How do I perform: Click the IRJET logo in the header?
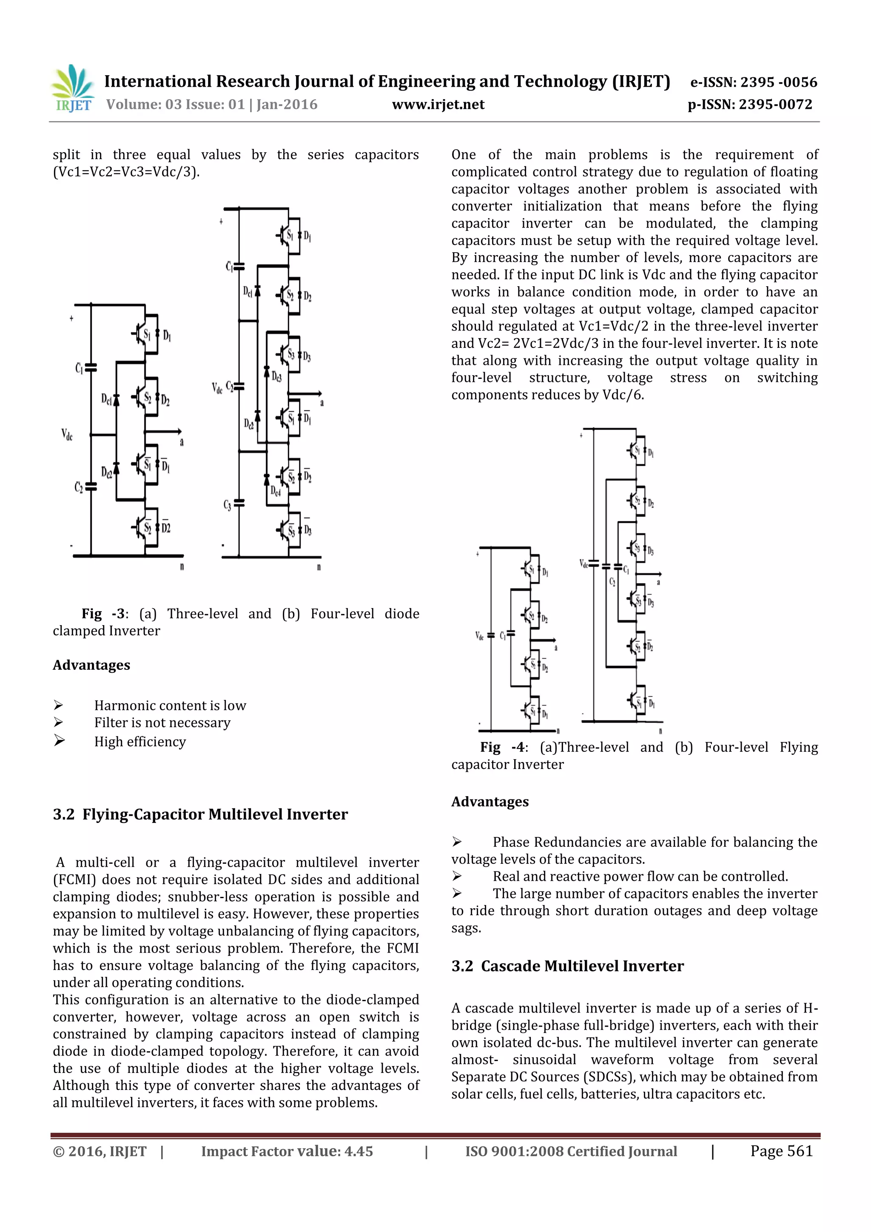tap(72, 88)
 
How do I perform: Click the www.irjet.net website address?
tap(438, 105)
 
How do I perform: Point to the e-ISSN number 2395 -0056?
tap(754, 82)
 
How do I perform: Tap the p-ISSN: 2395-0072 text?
tap(750, 105)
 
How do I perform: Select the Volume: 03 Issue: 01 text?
tap(175, 105)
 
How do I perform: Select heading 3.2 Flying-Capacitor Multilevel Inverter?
tap(200, 814)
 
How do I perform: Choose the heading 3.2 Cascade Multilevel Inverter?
tap(567, 966)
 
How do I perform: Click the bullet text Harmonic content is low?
tap(170, 706)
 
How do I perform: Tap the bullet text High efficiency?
tap(140, 742)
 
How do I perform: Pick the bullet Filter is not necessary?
tap(162, 723)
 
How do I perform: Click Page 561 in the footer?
tap(781, 1151)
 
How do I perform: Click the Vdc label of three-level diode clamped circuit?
tap(66, 434)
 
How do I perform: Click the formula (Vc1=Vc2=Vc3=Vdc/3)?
tap(126, 172)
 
